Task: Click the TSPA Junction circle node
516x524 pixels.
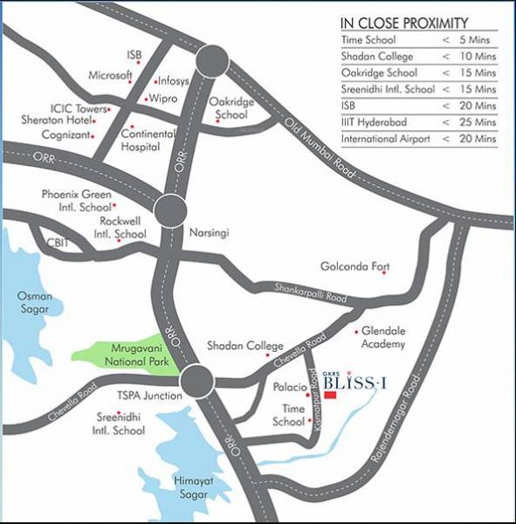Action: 198,381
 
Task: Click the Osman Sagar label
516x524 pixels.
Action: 35,302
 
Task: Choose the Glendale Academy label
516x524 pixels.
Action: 382,338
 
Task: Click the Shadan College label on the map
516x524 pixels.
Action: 245,347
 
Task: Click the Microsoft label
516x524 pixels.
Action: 109,75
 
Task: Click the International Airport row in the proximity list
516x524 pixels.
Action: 419,138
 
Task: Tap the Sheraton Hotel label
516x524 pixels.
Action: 60,121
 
